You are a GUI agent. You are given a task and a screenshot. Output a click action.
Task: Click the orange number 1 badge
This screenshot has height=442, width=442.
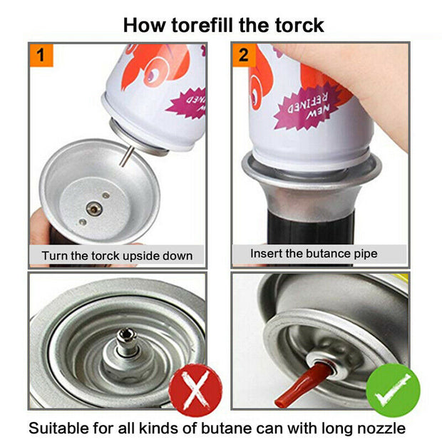click(41, 55)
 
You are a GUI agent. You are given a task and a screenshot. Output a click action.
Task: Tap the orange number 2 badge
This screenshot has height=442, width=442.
click(244, 55)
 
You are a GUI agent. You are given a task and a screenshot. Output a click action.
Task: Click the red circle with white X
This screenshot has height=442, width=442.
click(195, 390)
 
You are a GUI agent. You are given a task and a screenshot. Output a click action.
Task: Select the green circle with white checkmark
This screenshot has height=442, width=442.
click(393, 390)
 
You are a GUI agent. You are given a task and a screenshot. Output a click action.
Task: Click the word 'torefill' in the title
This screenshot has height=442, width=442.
click(203, 26)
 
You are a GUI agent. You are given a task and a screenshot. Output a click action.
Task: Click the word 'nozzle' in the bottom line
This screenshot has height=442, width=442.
click(381, 428)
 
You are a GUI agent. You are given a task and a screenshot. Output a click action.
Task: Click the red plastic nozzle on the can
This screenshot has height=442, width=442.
click(300, 385)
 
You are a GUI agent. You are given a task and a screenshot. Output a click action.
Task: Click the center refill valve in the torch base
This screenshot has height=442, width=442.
click(94, 209)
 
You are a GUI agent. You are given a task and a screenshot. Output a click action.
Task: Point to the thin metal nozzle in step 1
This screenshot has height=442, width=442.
click(125, 156)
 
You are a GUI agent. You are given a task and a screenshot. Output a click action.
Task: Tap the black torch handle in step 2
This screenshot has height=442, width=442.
click(310, 228)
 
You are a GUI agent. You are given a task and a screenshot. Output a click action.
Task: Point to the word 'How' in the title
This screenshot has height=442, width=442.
click(144, 26)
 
